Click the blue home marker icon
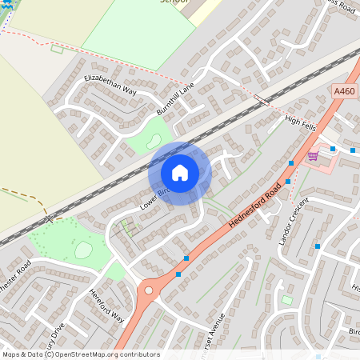tap(180, 173)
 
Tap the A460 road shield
tap(345, 92)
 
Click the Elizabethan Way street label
tap(110, 86)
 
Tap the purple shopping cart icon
tap(313, 155)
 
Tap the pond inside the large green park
tap(83, 250)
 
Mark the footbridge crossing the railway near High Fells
tap(262, 100)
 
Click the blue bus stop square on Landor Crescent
tap(318, 246)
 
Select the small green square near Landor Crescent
tap(286, 300)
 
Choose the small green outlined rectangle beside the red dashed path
tap(57, 49)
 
